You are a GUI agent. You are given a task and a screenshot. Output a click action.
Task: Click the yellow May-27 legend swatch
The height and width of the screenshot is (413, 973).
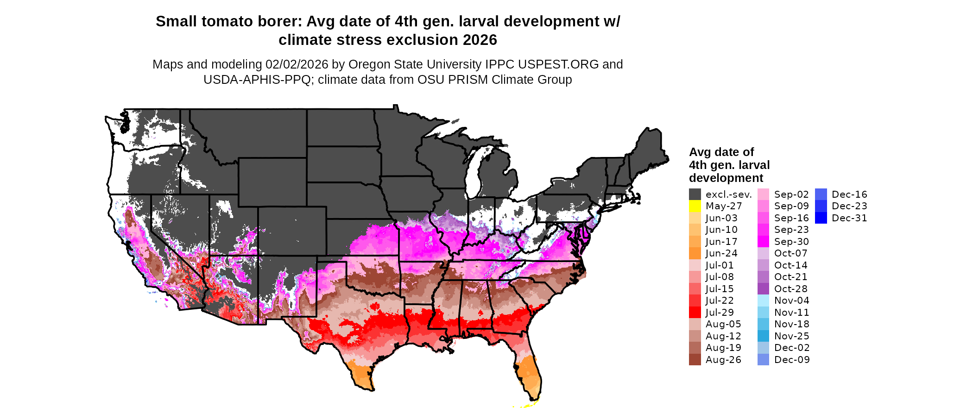tap(695, 206)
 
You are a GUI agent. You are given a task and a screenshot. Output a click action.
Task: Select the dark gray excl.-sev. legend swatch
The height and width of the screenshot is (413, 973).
tap(695, 194)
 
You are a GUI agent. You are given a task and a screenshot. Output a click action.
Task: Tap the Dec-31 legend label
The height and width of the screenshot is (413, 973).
tap(849, 218)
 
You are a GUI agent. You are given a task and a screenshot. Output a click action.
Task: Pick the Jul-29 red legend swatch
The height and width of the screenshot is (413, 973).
tap(695, 313)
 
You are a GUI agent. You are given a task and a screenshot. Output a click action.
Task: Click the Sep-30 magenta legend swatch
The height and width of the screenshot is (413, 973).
tap(763, 242)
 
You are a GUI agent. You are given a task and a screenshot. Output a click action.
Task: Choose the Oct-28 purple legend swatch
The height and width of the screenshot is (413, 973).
tap(763, 289)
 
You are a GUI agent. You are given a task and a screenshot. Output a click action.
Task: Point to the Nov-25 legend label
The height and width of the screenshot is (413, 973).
tap(791, 336)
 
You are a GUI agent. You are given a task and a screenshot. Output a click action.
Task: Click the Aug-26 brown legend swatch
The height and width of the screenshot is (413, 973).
tap(695, 360)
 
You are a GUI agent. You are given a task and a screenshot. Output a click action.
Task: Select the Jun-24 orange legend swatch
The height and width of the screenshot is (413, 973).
tap(695, 253)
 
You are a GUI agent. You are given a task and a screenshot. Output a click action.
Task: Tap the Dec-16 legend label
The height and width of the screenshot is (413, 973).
tap(849, 194)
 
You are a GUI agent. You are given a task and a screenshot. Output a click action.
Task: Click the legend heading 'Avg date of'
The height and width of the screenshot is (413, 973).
tap(721, 152)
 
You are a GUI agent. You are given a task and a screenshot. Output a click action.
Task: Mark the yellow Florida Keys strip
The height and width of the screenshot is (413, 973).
tap(526, 406)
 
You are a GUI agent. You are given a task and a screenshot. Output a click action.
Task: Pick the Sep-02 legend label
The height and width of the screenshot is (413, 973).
tap(791, 194)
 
